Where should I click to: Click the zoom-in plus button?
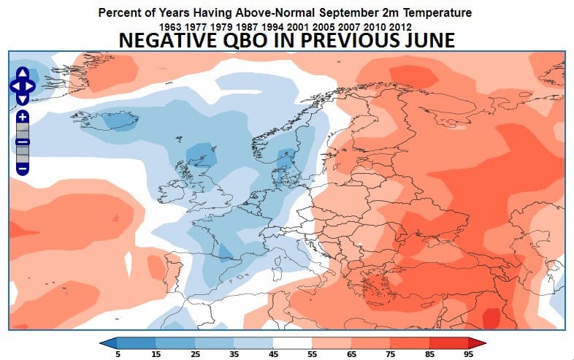pyautogui.click(x=23, y=117)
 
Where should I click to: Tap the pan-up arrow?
pyautogui.click(x=23, y=74)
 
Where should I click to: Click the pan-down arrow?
pyautogui.click(x=23, y=97)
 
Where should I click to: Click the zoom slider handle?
pyautogui.click(x=23, y=142)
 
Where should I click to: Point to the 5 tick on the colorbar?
pyautogui.click(x=118, y=353)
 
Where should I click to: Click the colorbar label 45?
pyautogui.click(x=273, y=353)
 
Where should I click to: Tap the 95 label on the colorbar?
pyautogui.click(x=467, y=353)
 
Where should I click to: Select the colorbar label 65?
pyautogui.click(x=351, y=353)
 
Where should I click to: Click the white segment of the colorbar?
pyautogui.click(x=293, y=341)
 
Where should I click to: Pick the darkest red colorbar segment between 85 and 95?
pyautogui.click(x=448, y=341)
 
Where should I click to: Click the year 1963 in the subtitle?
pyautogui.click(x=170, y=27)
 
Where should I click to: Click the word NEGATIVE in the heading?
pyautogui.click(x=163, y=42)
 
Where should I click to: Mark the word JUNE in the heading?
pyautogui.click(x=430, y=42)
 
